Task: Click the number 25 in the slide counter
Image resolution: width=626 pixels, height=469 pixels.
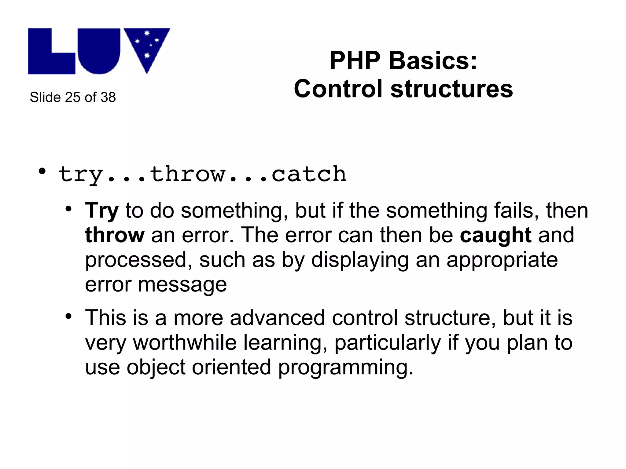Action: [x=72, y=97]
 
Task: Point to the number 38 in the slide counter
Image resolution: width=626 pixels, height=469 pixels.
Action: [x=108, y=97]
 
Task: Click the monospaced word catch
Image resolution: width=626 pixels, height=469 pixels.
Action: [x=309, y=174]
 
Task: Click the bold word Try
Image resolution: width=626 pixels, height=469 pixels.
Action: [x=102, y=211]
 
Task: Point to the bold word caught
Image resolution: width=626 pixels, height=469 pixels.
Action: [x=495, y=235]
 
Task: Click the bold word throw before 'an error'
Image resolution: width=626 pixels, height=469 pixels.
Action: [x=115, y=235]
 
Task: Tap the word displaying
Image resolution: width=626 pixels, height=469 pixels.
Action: [x=360, y=260]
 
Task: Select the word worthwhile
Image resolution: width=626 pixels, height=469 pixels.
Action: [x=185, y=343]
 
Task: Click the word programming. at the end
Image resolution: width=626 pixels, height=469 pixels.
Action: [x=346, y=367]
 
